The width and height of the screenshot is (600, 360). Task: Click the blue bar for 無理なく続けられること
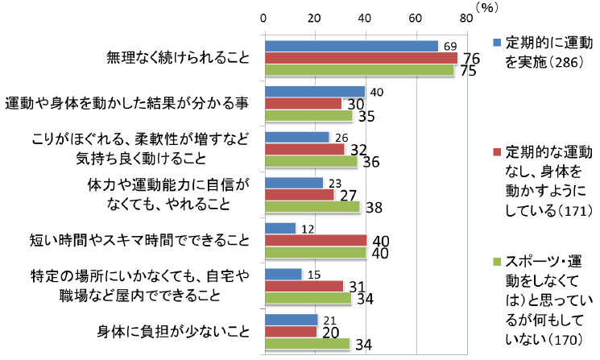point(351,46)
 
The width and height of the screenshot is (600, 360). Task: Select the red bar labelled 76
point(361,58)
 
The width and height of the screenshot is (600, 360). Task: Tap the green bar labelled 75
point(359,69)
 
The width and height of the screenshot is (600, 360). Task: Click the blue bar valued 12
point(280,229)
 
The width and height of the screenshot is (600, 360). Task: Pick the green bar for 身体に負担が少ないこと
point(307,343)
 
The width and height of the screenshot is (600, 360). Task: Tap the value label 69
point(450,46)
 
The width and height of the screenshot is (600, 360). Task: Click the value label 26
point(341,138)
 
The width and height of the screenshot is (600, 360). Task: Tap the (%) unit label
point(487,6)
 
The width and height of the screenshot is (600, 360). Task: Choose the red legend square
point(497,151)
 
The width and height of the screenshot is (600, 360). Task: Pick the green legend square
point(497,262)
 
